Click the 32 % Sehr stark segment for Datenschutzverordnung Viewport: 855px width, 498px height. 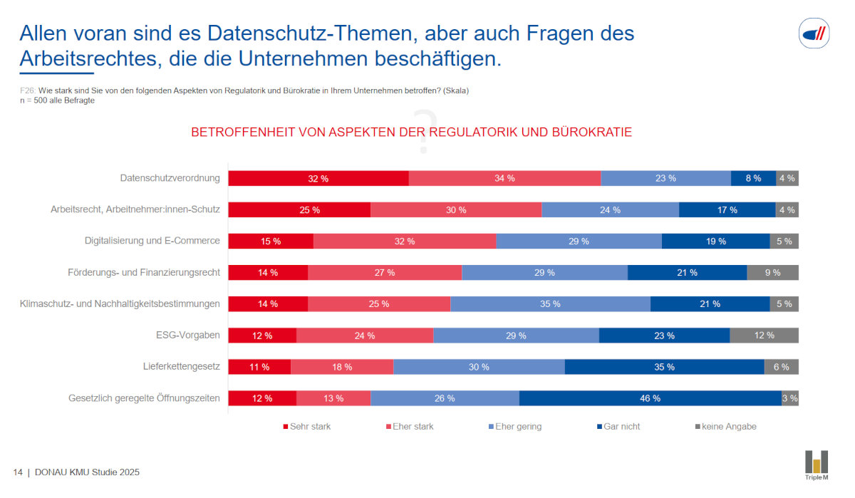coord(318,179)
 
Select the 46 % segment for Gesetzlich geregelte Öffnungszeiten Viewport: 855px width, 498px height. coord(650,398)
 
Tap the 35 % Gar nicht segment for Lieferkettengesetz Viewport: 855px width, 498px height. coord(664,367)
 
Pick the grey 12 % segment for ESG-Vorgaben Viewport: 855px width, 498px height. coord(764,336)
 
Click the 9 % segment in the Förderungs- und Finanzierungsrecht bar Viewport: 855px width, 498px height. coord(772,273)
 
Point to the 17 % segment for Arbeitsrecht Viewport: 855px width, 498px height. coord(727,210)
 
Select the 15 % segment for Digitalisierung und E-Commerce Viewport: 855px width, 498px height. coord(271,242)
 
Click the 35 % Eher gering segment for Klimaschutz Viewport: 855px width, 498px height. coord(550,304)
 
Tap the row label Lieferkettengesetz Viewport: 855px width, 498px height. coord(181,366)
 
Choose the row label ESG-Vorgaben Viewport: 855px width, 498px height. coord(189,335)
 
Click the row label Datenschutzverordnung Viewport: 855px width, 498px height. coord(170,177)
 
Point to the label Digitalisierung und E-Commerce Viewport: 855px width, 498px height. coord(152,240)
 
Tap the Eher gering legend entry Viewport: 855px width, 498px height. coord(518,427)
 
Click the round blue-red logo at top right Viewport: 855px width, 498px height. coord(814,33)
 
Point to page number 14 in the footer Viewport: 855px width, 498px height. coord(18,472)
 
